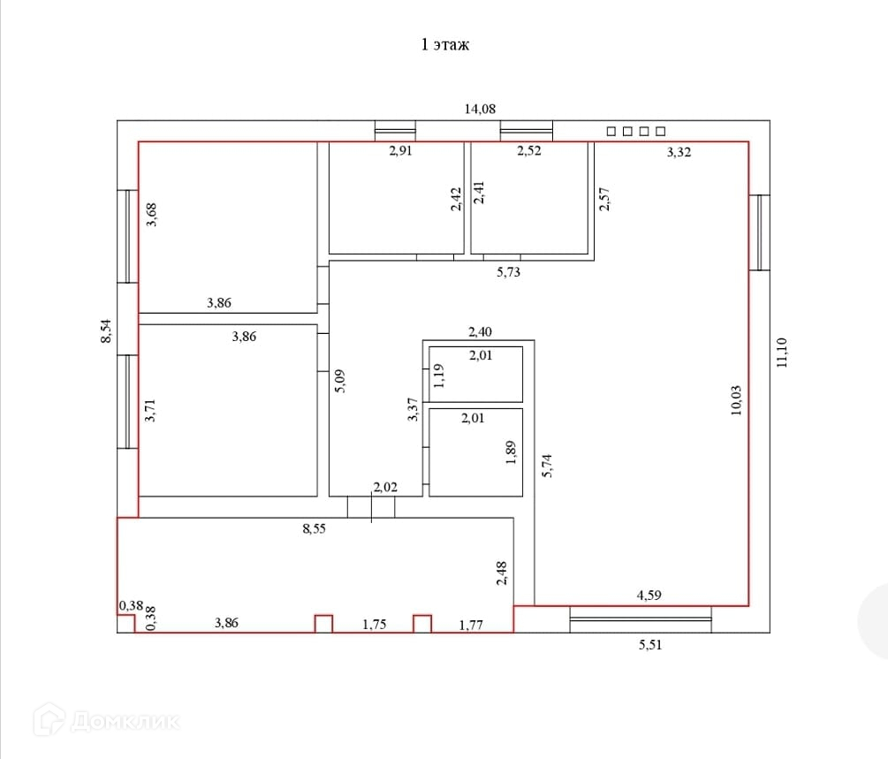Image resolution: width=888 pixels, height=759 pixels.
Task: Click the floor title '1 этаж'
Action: [x=445, y=45]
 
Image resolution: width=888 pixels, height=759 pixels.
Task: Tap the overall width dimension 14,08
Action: [x=481, y=109]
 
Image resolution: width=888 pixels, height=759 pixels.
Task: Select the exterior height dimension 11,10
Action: [x=782, y=353]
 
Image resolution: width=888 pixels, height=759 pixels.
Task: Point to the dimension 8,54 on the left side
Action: [x=106, y=331]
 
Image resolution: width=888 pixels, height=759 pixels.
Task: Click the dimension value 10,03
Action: [x=736, y=401]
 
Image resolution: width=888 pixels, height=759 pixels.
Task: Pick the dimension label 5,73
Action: [x=509, y=272]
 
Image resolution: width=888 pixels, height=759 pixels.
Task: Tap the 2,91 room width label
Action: [x=400, y=151]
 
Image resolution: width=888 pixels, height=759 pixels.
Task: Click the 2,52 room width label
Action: [x=529, y=151]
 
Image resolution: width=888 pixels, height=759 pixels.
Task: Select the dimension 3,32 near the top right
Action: [x=679, y=152]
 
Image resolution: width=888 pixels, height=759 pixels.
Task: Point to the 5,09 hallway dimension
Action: [x=340, y=381]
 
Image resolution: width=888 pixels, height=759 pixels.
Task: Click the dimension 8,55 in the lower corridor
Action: [x=315, y=528]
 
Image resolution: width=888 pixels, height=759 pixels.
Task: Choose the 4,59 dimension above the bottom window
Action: [x=649, y=596]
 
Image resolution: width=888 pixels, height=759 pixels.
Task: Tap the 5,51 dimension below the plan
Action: [x=650, y=645]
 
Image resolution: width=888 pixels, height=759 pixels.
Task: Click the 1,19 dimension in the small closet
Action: [x=438, y=376]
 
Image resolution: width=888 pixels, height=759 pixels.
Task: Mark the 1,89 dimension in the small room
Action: [x=511, y=452]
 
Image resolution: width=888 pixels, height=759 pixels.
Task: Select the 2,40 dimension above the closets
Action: [x=481, y=332]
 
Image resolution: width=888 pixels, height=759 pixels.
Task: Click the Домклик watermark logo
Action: [x=106, y=720]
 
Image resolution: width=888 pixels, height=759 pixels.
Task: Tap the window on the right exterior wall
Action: [x=760, y=232]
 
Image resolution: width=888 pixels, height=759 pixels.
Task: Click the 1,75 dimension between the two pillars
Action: [x=375, y=624]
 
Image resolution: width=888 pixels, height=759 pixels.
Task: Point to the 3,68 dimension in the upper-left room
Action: [x=151, y=216]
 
